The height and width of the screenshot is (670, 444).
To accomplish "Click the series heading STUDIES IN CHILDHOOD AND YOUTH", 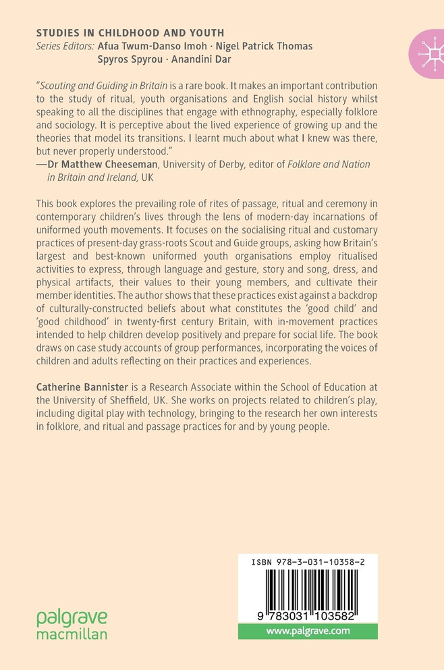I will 130,32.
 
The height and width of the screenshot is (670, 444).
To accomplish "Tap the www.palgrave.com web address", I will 308,632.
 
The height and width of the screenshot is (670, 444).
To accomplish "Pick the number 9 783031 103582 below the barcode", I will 307,617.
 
